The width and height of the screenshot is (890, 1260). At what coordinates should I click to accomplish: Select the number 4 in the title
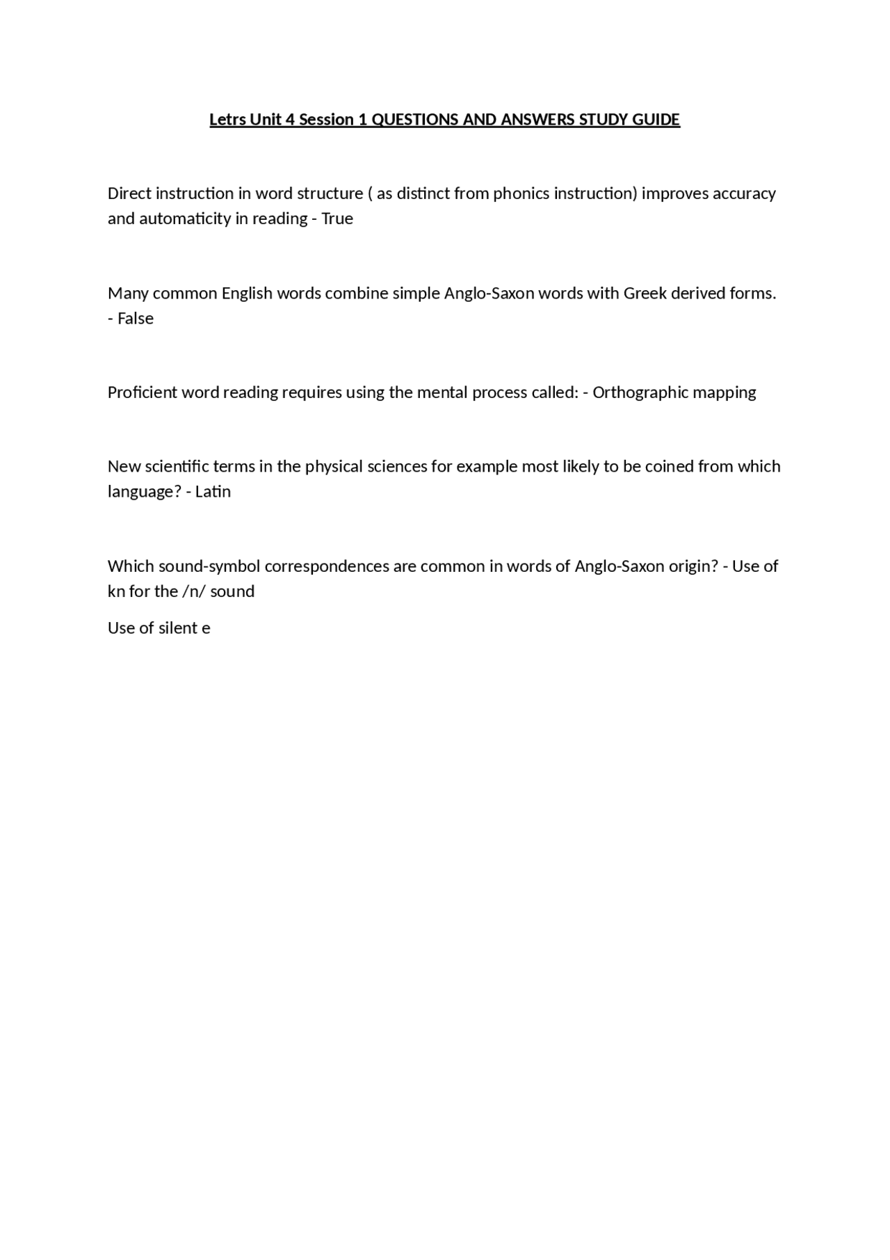point(290,120)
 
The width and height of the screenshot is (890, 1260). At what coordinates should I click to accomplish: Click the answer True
point(337,218)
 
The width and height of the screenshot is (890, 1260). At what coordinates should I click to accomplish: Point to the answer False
point(136,319)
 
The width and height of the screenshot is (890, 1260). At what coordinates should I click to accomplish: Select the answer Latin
point(213,492)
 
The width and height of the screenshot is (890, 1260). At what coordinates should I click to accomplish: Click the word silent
point(177,628)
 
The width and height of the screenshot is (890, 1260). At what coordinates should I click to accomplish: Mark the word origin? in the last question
point(693,566)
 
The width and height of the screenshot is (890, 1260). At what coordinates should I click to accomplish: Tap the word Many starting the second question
point(128,294)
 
